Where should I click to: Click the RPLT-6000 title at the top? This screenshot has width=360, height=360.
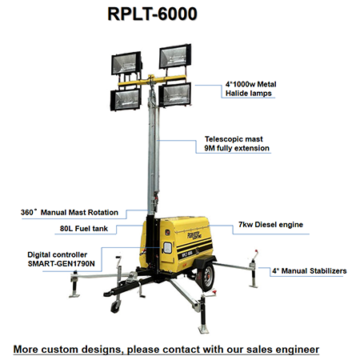coord(152,14)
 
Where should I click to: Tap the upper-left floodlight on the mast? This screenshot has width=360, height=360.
coord(126,63)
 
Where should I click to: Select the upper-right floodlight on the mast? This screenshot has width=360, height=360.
coord(175,56)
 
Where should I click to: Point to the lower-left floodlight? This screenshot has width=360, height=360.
coord(126,99)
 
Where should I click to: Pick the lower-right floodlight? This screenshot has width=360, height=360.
coord(175,94)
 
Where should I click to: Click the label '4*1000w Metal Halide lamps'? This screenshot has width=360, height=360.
coord(250,89)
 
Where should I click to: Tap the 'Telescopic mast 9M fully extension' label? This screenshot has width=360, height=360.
coord(237,143)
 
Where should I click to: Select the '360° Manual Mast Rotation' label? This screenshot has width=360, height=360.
coord(70,212)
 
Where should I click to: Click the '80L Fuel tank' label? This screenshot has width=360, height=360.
coord(84,229)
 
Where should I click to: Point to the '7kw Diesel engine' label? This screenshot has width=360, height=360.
coord(270,225)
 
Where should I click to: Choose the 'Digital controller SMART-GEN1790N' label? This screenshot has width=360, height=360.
coord(61,259)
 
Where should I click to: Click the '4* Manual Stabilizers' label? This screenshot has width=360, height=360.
coord(310,271)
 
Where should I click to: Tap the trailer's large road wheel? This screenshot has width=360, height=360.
coord(206,277)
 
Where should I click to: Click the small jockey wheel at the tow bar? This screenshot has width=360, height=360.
coord(115,307)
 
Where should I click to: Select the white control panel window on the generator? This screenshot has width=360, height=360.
coord(167,248)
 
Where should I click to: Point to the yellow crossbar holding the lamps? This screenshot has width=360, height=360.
coord(152,80)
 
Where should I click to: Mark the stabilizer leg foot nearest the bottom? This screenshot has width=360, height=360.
coord(204,329)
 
